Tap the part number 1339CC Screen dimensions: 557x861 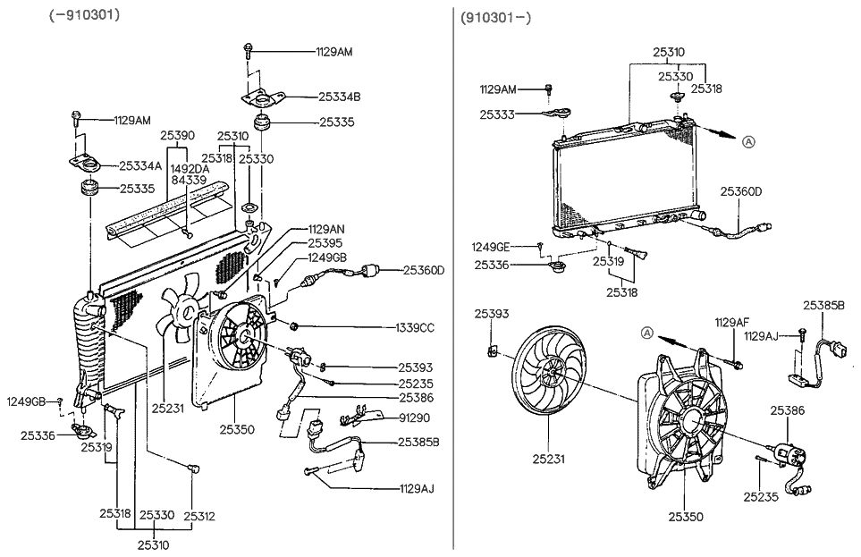[414, 328]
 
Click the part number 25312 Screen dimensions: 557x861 [199, 516]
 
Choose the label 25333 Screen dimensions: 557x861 [496, 114]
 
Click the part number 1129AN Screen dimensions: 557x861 [326, 229]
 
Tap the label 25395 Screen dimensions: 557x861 [325, 242]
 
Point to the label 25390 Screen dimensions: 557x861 [177, 135]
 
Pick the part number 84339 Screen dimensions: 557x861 [189, 180]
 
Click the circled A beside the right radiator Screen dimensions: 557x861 [748, 140]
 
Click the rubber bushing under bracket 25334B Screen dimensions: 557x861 [264, 122]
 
